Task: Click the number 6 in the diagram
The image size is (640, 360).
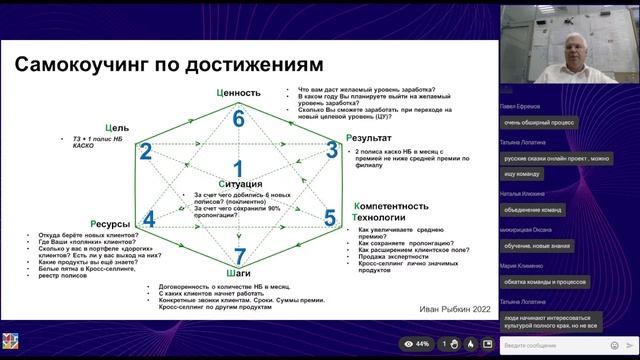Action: coord(238,119)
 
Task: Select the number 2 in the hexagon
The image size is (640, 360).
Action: coord(145,152)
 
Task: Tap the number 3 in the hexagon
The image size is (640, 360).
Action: coord(332,151)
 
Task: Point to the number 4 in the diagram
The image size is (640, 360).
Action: coord(149,219)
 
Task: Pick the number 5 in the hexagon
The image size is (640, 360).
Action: coord(329,218)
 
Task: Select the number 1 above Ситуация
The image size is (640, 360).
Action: coord(238,168)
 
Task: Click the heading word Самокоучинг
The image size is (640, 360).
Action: coord(84,65)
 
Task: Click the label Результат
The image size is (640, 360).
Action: coord(375,137)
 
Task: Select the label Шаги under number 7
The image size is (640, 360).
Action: coord(238,272)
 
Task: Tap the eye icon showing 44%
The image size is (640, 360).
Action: coord(417,344)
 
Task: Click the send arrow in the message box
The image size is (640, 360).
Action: coord(630,344)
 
